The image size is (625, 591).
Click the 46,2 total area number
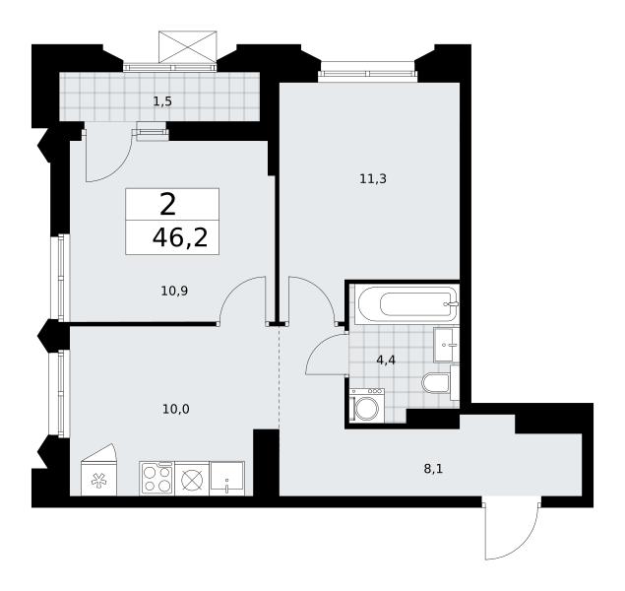point(180,238)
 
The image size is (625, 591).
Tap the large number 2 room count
point(167,204)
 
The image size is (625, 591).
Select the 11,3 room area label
point(373,179)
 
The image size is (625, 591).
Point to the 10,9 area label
point(174,292)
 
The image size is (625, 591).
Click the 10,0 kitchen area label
point(176,409)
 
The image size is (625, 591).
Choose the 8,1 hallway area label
point(433,469)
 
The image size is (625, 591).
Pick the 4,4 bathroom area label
point(386,361)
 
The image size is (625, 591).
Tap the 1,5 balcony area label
point(162,101)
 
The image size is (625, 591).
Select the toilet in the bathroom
point(436,383)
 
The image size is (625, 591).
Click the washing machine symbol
point(367,406)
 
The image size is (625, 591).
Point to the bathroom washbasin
point(447,345)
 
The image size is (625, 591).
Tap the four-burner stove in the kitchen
point(157,479)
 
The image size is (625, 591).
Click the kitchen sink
point(226,479)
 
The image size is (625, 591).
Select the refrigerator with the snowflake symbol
point(98,471)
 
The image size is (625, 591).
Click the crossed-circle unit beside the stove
point(192,479)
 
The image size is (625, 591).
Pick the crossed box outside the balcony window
point(188,46)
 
